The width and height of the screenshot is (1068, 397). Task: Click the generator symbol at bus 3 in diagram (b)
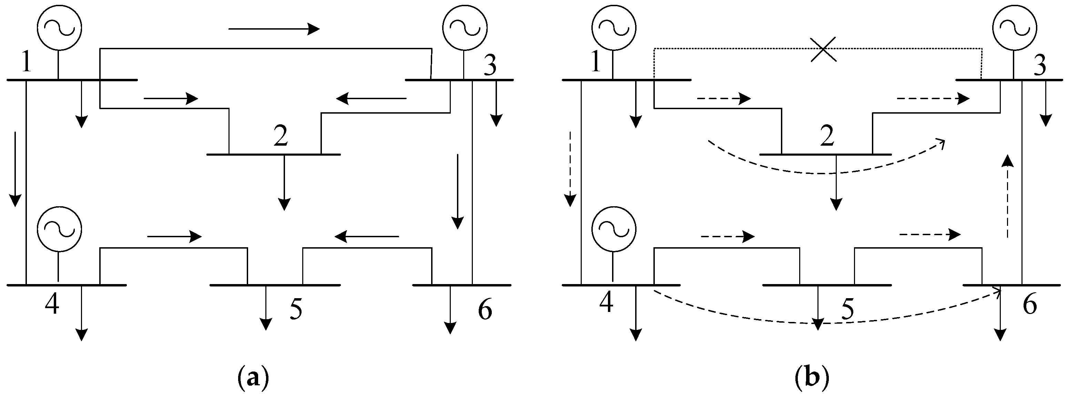(x=1015, y=27)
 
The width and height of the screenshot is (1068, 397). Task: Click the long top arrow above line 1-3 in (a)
(x=274, y=29)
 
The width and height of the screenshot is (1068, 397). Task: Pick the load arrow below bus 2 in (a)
(x=284, y=182)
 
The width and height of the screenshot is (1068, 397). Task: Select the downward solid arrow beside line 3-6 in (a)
(x=458, y=191)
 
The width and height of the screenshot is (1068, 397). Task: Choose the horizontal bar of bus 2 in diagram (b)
(x=825, y=154)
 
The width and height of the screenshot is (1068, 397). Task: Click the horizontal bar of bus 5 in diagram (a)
(x=275, y=285)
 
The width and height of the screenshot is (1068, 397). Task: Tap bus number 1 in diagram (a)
(x=26, y=63)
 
